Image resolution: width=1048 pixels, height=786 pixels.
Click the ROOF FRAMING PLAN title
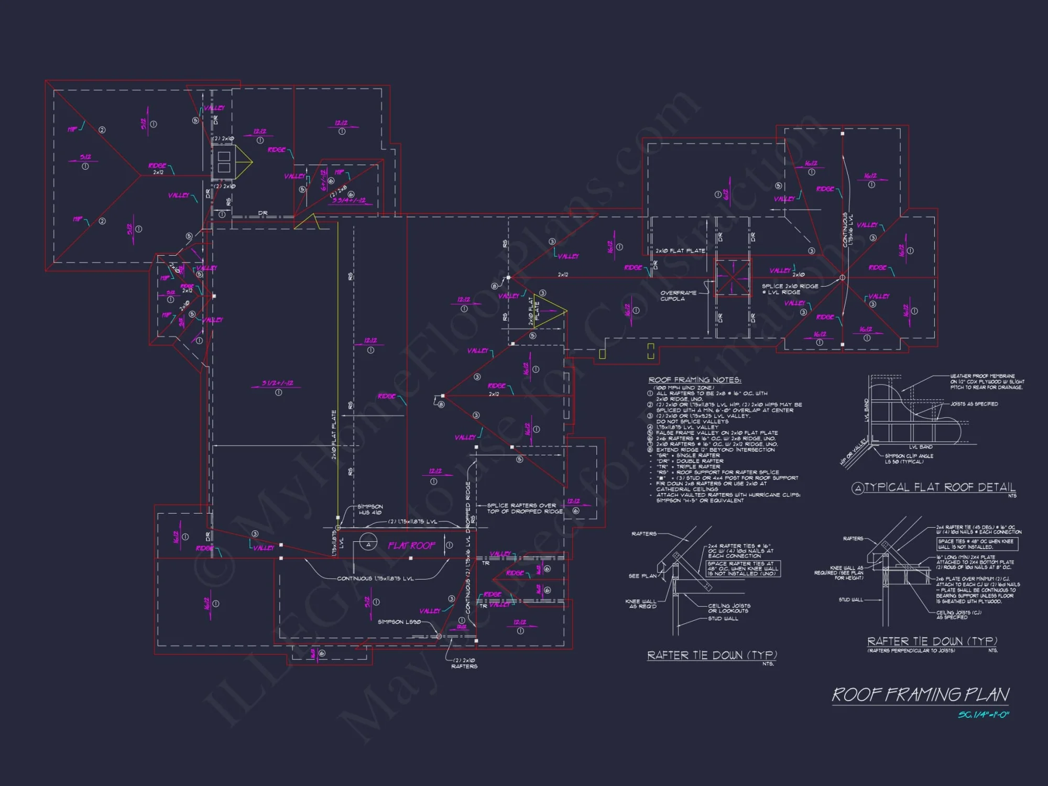click(x=920, y=695)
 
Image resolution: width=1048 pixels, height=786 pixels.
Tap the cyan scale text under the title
click(x=983, y=715)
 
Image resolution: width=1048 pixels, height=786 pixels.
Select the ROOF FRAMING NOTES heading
click(x=694, y=380)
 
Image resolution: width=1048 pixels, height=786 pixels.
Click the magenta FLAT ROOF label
click(x=411, y=546)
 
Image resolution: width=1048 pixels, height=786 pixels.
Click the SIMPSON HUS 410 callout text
click(x=370, y=509)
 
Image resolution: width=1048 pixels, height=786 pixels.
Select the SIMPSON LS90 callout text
click(x=399, y=622)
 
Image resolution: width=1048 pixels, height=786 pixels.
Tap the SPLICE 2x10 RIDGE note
click(x=790, y=289)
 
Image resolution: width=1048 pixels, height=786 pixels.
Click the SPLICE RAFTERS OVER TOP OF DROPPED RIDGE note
click(x=525, y=508)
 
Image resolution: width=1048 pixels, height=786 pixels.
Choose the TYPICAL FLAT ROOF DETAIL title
click(x=939, y=487)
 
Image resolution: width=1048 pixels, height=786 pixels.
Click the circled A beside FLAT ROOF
click(x=368, y=544)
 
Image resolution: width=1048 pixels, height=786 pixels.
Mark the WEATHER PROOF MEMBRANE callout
click(x=986, y=381)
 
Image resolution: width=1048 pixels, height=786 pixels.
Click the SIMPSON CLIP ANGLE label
click(x=909, y=458)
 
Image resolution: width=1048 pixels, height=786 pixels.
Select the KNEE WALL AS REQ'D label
click(x=640, y=604)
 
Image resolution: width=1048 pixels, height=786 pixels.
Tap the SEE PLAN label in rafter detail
click(x=642, y=576)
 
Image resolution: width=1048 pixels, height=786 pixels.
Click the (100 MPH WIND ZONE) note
click(x=683, y=388)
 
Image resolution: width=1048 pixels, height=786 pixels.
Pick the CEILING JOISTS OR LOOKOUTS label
click(x=729, y=608)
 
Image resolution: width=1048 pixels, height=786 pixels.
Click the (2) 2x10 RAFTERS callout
click(x=464, y=663)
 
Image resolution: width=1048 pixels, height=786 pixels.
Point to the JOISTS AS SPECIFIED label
click(x=974, y=404)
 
